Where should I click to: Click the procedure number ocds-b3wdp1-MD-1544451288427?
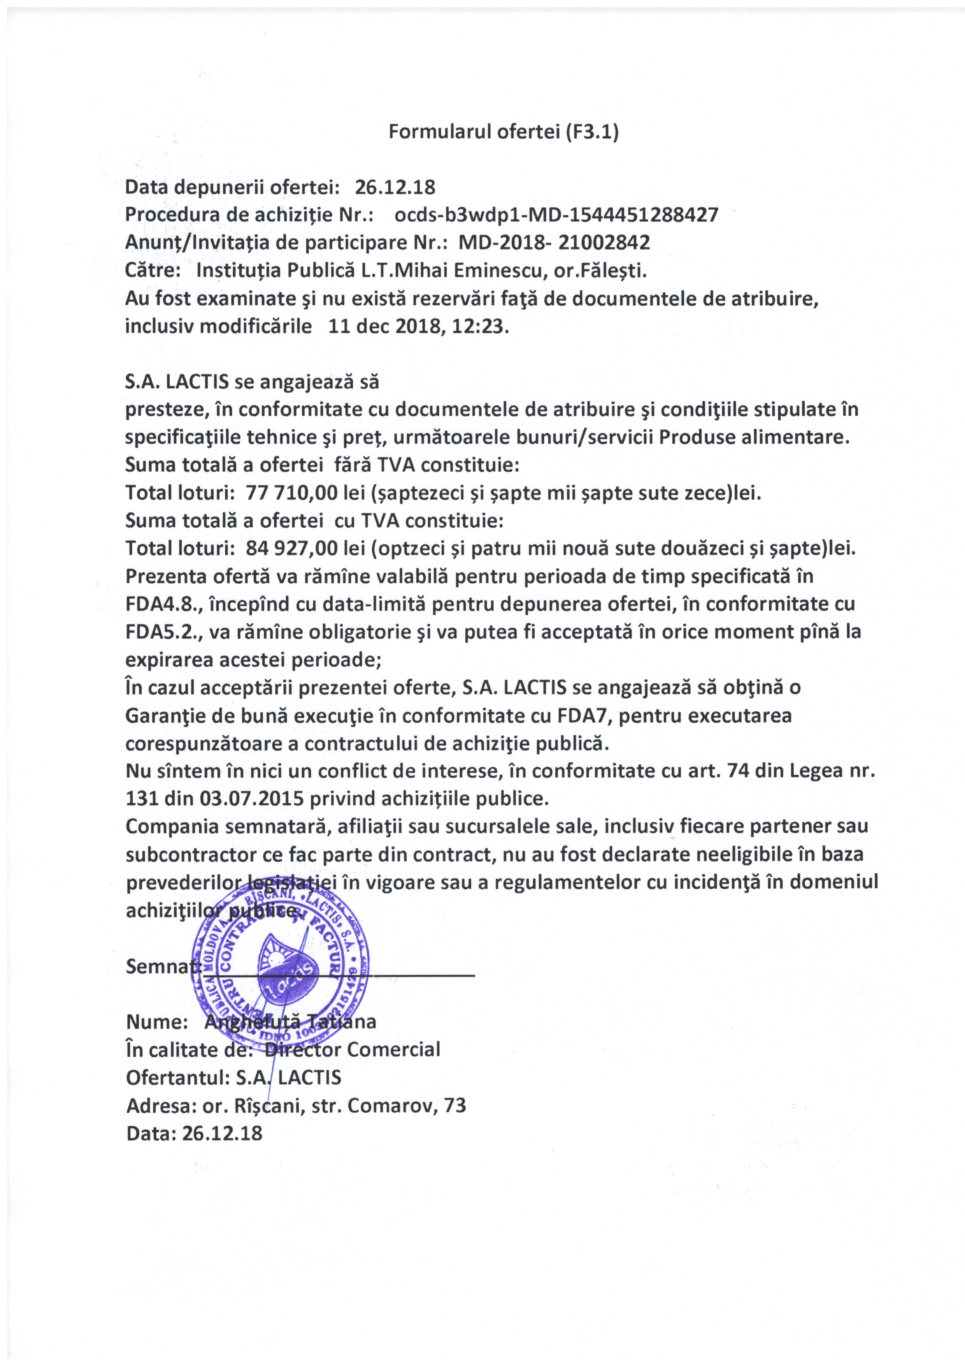tap(556, 215)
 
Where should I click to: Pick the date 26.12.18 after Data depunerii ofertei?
tap(395, 187)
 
